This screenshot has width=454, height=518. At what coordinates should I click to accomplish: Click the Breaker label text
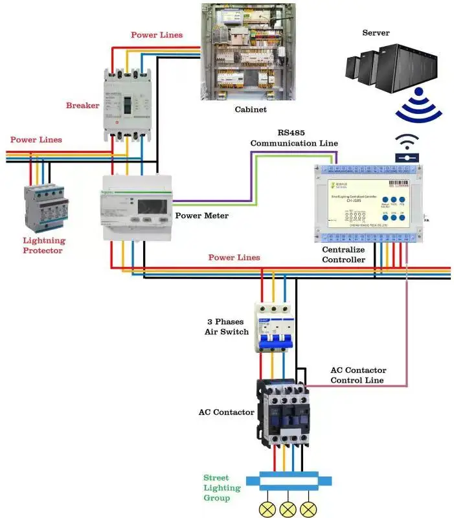[x=82, y=105]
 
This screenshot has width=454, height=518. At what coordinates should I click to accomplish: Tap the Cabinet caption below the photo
[x=250, y=109]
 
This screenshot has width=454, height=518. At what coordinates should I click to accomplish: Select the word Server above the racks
[x=376, y=32]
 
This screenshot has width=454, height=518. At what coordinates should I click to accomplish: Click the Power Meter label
[x=202, y=215]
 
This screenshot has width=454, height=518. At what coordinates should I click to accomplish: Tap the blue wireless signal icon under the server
[x=418, y=106]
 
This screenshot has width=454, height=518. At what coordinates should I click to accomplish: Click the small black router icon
[x=407, y=148]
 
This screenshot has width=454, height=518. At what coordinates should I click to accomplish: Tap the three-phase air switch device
[x=273, y=328]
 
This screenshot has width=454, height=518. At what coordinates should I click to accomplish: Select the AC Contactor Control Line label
[x=357, y=375]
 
